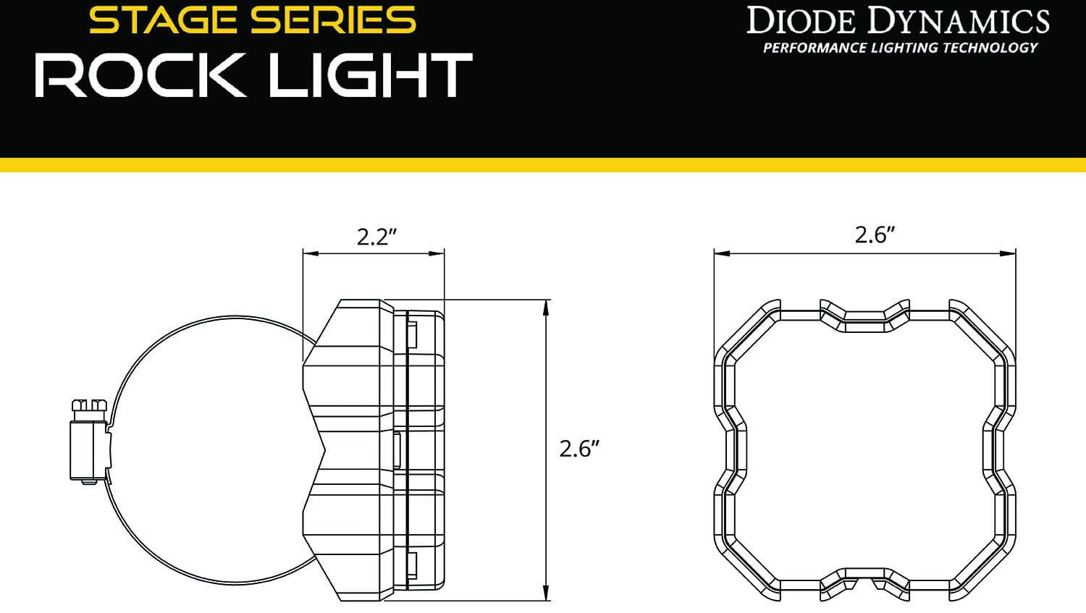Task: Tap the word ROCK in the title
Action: (x=140, y=75)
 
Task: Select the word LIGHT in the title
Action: (x=370, y=75)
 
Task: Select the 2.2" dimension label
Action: (x=377, y=237)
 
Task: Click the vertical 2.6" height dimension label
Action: (x=580, y=449)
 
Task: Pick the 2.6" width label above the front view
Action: (x=875, y=234)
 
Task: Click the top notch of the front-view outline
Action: (x=864, y=317)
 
